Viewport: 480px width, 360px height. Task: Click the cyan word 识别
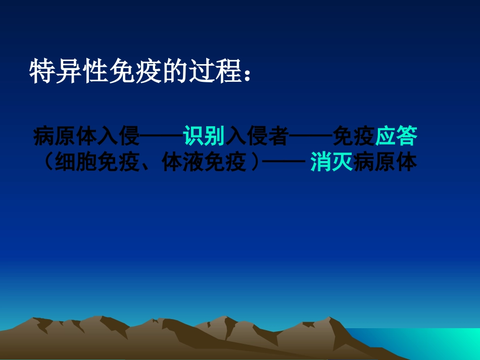click(x=204, y=136)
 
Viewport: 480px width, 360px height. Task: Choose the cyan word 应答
click(x=396, y=136)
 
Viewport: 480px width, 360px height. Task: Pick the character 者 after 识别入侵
click(x=278, y=136)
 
